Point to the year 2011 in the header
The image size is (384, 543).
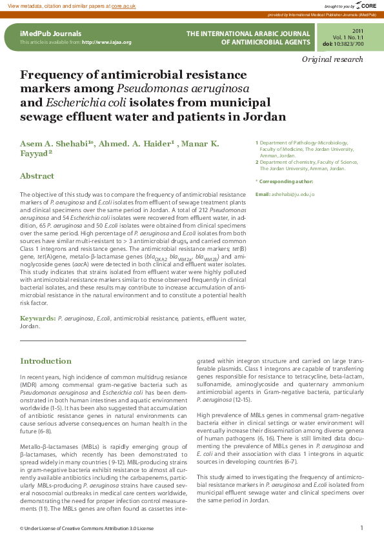358,31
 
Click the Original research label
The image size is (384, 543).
332,59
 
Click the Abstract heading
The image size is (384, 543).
37,176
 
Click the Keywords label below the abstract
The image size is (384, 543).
37,319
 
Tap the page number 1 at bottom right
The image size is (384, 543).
361,528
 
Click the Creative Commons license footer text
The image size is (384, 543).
87,528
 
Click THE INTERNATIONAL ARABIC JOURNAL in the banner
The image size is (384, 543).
247,33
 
